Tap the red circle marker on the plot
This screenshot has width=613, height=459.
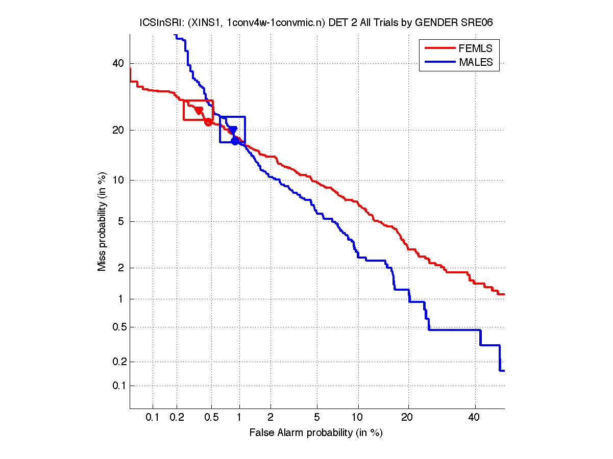click(x=208, y=121)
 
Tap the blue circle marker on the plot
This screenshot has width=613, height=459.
click(x=235, y=141)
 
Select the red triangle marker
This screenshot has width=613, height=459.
click(x=199, y=111)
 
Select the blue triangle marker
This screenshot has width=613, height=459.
click(x=233, y=130)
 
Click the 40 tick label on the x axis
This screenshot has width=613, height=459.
click(x=475, y=418)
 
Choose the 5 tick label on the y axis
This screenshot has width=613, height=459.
click(x=121, y=221)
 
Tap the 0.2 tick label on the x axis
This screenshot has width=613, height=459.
click(x=177, y=418)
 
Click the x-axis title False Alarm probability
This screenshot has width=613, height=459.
click(x=316, y=433)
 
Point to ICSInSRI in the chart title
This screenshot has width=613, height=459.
click(x=157, y=22)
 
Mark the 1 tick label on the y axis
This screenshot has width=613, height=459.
click(x=121, y=299)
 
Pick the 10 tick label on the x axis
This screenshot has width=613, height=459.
click(x=358, y=418)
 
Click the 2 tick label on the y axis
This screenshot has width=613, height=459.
click(x=121, y=268)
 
